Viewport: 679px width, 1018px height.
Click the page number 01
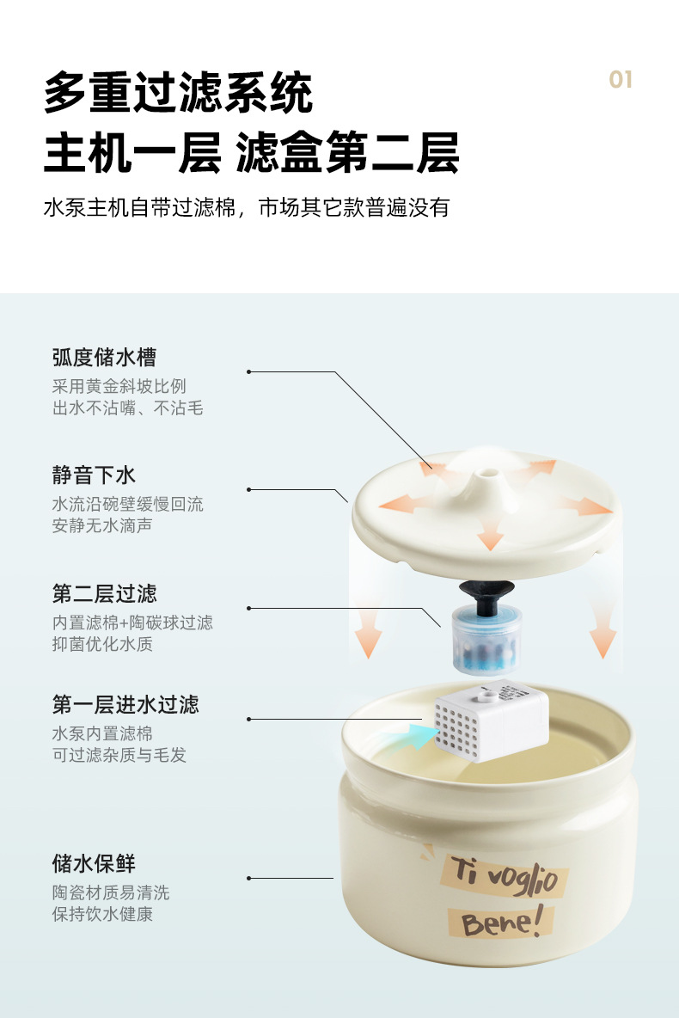[621, 80]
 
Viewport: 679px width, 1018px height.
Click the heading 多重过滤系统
[178, 94]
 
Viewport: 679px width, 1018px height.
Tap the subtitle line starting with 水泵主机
[247, 208]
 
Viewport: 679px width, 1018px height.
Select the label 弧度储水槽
[104, 358]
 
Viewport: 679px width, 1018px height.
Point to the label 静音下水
[94, 475]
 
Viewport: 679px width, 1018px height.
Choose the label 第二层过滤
[104, 593]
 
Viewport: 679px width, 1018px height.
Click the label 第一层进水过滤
[125, 705]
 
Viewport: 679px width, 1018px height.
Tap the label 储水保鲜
[94, 863]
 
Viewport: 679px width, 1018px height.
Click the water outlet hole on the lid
[489, 473]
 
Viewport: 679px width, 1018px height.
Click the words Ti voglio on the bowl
[503, 875]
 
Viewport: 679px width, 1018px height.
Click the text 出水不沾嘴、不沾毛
[127, 408]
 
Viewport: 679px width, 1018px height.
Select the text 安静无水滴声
[102, 525]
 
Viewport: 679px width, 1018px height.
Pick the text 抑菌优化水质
[102, 643]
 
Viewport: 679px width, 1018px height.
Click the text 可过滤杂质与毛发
[119, 755]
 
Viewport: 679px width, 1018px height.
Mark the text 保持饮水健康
[102, 914]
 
